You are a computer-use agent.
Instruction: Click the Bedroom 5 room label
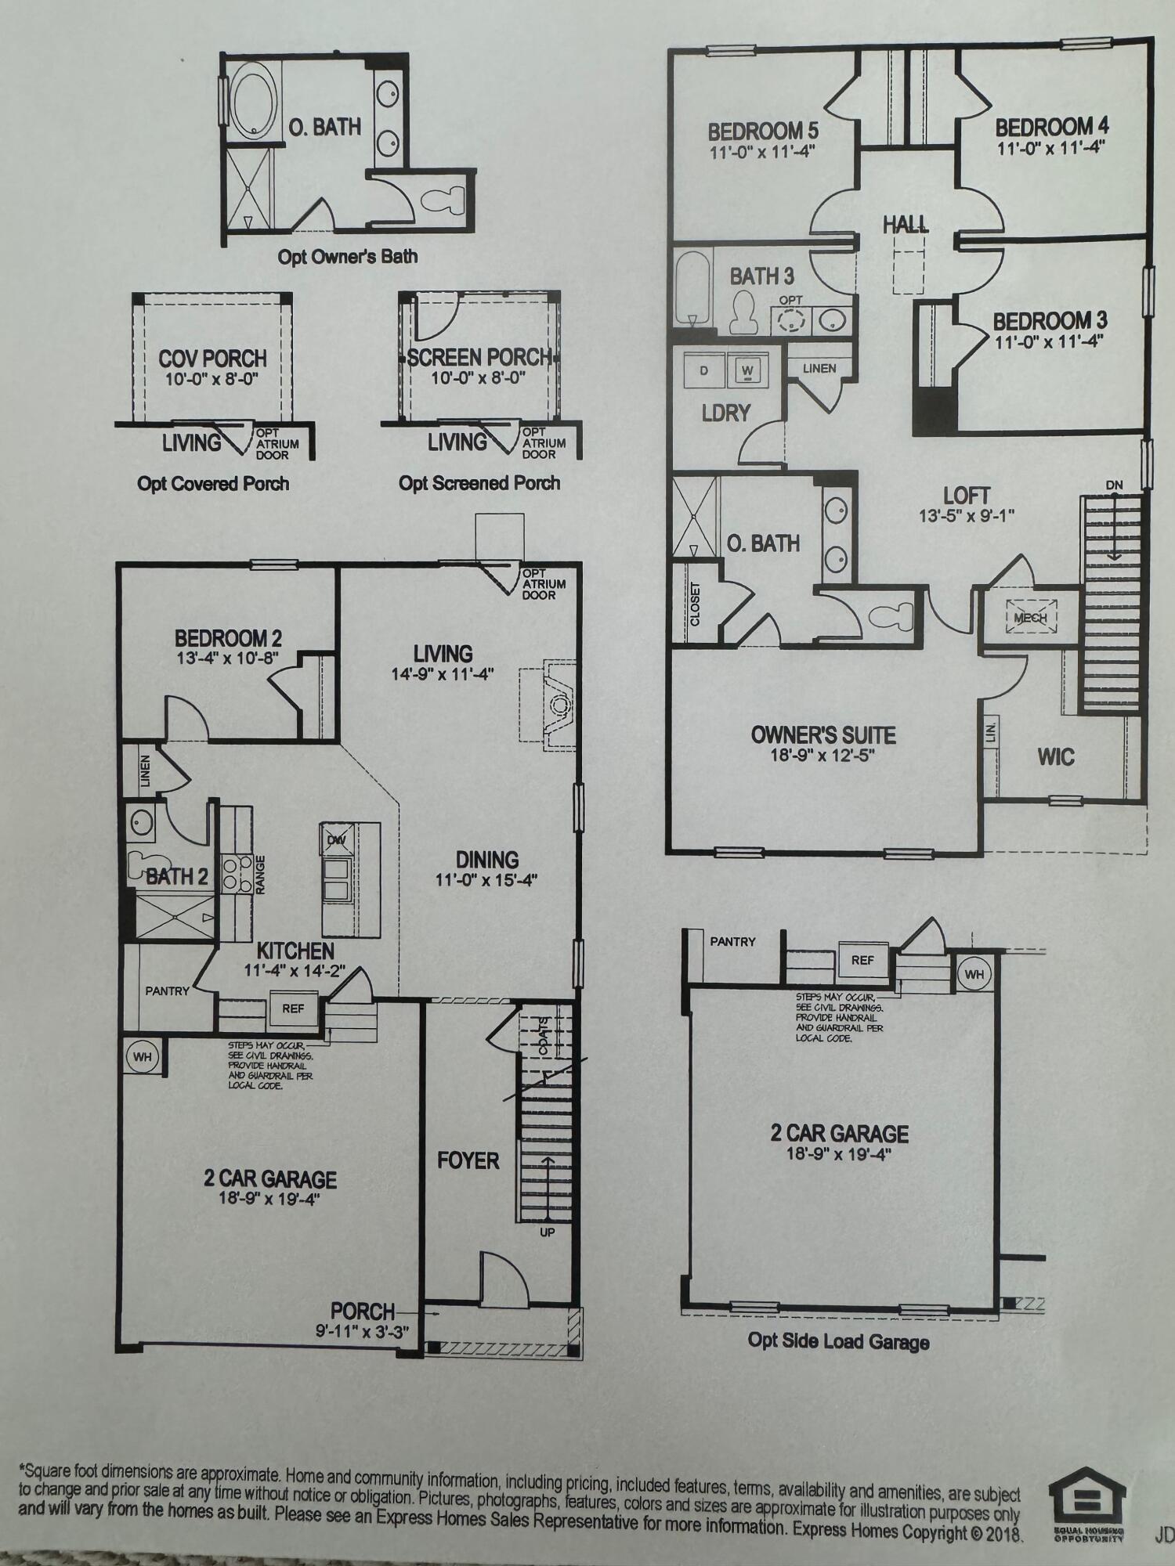pyautogui.click(x=763, y=130)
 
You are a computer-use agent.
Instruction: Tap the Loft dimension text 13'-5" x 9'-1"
pyautogui.click(x=967, y=516)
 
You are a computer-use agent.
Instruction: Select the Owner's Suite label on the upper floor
pyautogui.click(x=823, y=734)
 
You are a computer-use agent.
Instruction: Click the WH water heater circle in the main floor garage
pyautogui.click(x=142, y=1057)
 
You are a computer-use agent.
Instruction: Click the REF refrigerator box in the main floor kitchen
pyautogui.click(x=293, y=1009)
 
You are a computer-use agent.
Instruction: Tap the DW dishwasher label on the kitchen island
pyautogui.click(x=337, y=840)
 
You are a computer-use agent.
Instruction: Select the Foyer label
pyautogui.click(x=468, y=1160)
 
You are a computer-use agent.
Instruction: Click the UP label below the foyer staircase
pyautogui.click(x=547, y=1232)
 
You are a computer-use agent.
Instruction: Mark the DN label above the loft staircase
pyautogui.click(x=1114, y=485)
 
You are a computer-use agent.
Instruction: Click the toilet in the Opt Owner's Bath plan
pyautogui.click(x=443, y=200)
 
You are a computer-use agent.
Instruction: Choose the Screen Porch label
pyautogui.click(x=479, y=357)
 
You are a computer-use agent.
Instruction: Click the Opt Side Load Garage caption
pyautogui.click(x=838, y=1341)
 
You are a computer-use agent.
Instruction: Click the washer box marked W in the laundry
pyautogui.click(x=747, y=370)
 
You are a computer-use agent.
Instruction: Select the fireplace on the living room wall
pyautogui.click(x=559, y=705)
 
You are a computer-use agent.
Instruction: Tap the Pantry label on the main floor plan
pyautogui.click(x=167, y=991)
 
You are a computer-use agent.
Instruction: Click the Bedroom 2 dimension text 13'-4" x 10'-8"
pyautogui.click(x=227, y=659)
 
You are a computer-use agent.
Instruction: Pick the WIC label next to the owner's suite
pyautogui.click(x=1055, y=757)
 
